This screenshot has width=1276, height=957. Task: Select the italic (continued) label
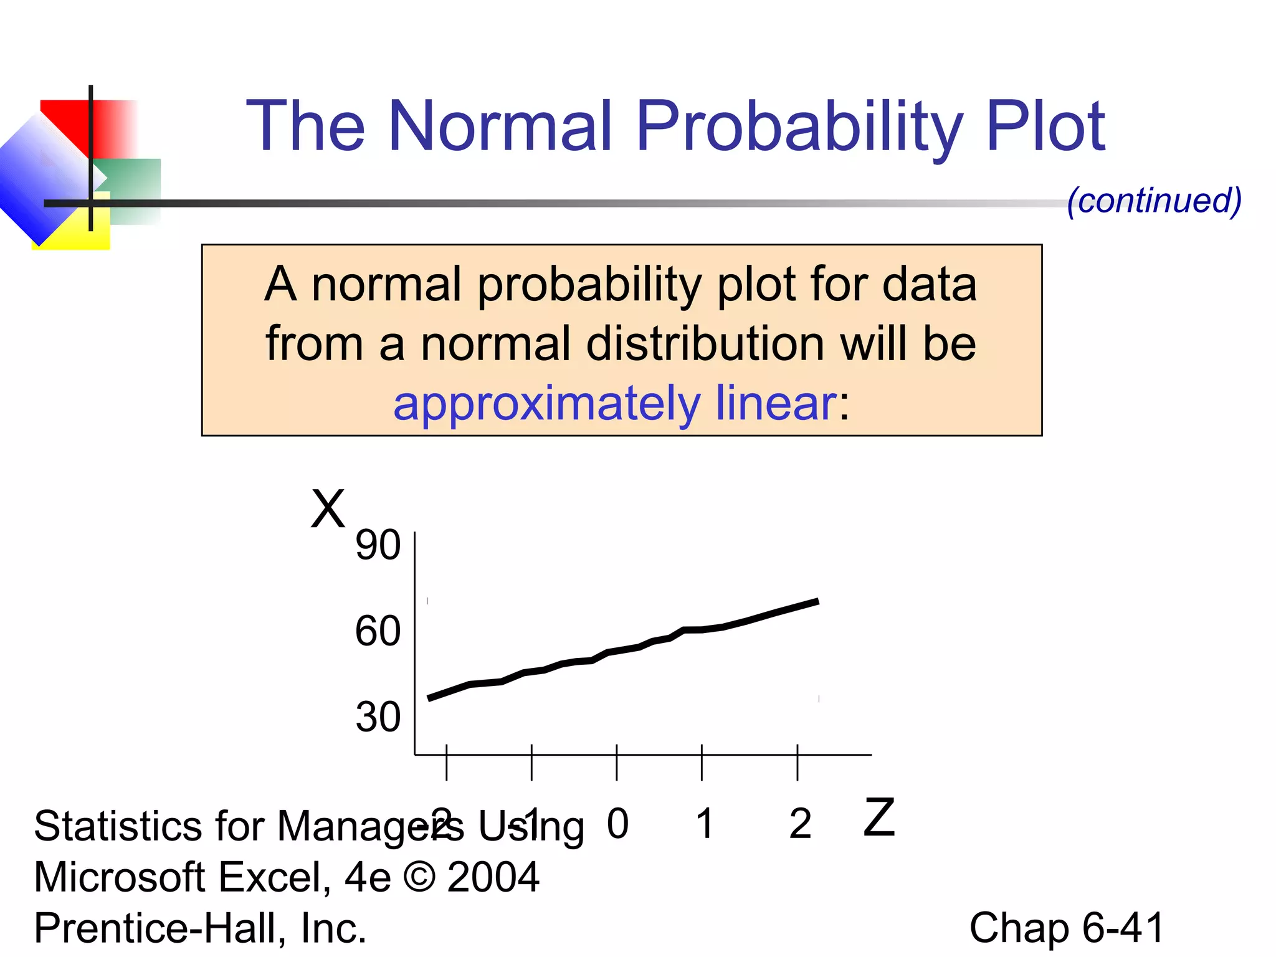tap(1154, 201)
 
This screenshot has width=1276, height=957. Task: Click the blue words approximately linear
tap(614, 403)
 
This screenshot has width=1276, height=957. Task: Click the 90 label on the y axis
tap(378, 545)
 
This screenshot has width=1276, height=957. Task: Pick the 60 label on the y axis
tap(378, 631)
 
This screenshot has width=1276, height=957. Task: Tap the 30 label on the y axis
tap(378, 717)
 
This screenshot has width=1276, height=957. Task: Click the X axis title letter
tap(328, 509)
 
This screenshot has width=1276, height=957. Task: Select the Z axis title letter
tap(879, 817)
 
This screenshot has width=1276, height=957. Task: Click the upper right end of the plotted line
tap(817, 601)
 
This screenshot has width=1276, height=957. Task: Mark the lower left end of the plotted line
tap(429, 698)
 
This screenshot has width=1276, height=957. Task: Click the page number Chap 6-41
tap(1066, 928)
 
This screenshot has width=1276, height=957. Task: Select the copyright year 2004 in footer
tap(493, 877)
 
